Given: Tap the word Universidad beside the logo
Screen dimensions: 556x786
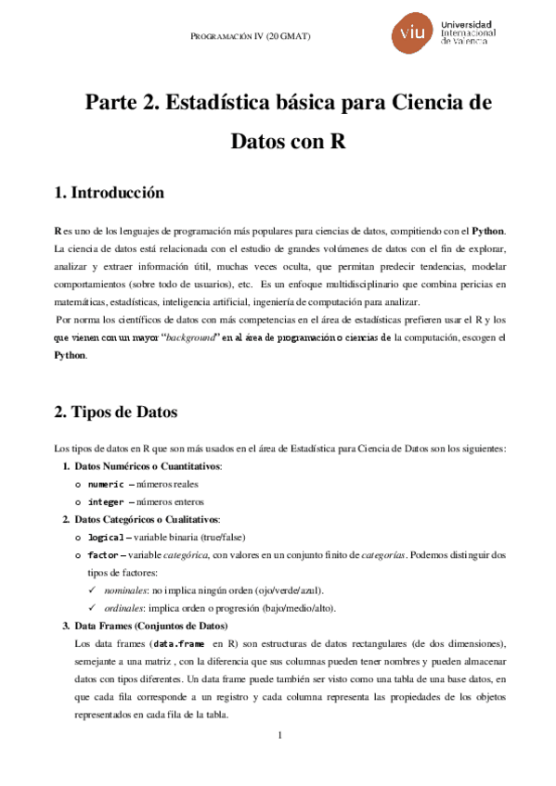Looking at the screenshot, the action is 470,24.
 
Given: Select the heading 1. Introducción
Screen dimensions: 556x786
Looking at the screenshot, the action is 110,193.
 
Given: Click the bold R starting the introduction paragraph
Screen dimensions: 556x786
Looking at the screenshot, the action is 58,229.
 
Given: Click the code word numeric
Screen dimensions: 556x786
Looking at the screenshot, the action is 105,484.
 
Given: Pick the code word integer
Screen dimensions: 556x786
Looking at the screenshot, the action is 105,501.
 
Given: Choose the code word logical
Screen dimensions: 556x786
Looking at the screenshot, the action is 105,538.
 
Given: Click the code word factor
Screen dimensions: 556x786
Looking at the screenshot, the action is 102,555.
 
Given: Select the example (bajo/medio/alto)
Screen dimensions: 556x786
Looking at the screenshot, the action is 279,608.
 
